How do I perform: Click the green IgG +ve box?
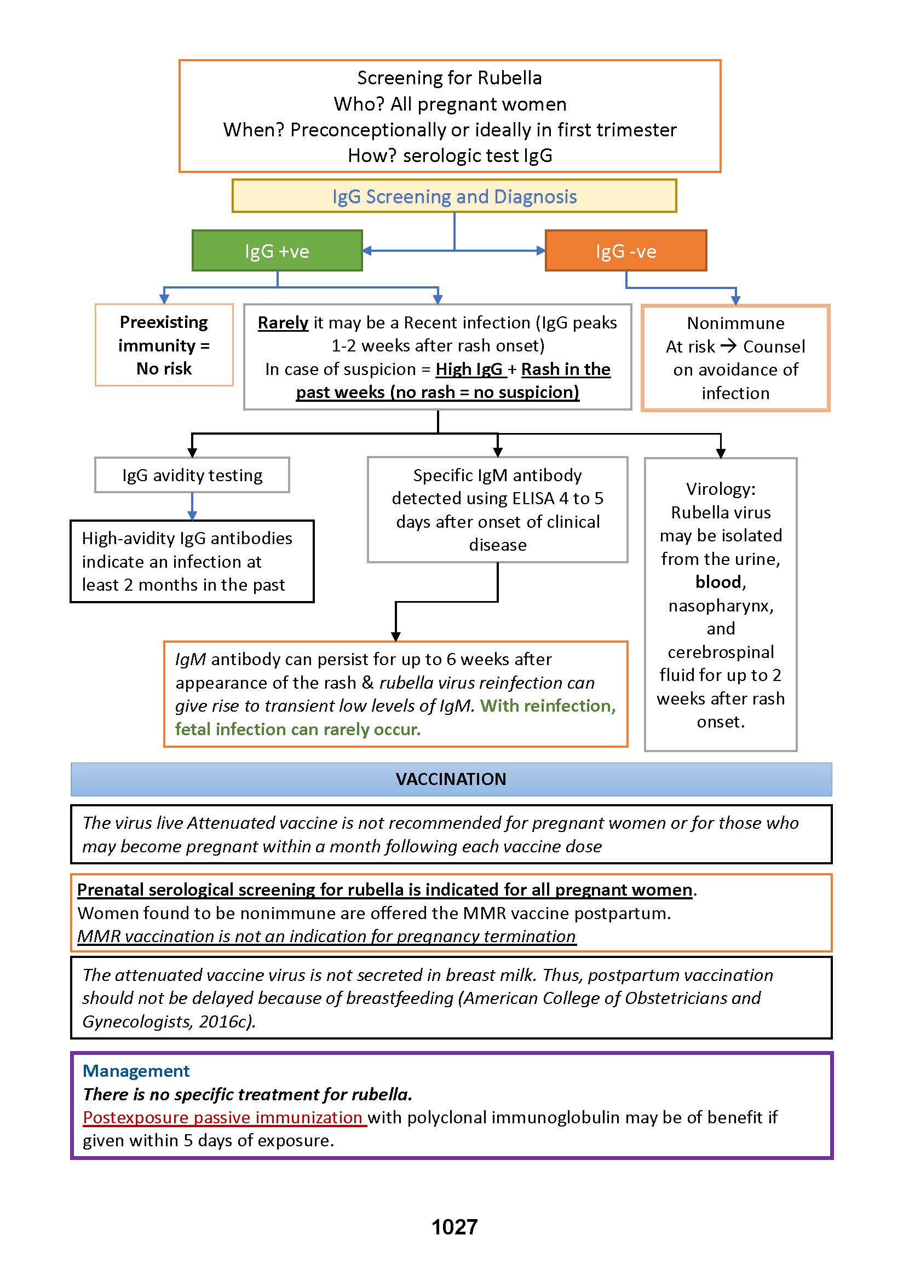[277, 251]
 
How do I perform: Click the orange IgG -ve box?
[625, 251]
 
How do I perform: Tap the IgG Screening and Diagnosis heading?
[454, 197]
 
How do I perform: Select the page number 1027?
[454, 1227]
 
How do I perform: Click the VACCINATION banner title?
[451, 779]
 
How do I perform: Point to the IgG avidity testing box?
[192, 475]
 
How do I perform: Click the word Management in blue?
[136, 1070]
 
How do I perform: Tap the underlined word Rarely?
[283, 323]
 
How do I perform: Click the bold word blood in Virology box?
[718, 582]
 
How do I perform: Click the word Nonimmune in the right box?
[735, 323]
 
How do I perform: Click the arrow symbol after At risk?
[728, 346]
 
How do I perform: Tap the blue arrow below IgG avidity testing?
[192, 506]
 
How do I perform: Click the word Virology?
[721, 489]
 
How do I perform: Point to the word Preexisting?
[163, 322]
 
